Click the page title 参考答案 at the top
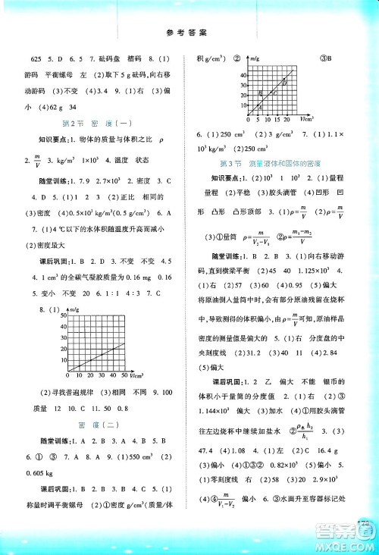pos(189,31)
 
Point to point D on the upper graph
pos(284,82)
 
